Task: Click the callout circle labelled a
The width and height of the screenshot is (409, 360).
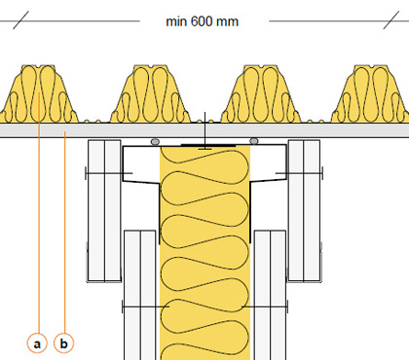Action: [x=37, y=343]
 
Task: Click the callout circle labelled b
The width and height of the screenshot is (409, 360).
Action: [x=64, y=343]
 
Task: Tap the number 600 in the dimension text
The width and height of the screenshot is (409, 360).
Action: [x=201, y=21]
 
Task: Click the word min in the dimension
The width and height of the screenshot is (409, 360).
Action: [x=176, y=21]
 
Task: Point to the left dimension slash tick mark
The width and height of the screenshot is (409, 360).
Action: [x=21, y=19]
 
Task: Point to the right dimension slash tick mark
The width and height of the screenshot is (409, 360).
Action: [x=391, y=19]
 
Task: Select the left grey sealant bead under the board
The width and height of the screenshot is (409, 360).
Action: [x=155, y=142]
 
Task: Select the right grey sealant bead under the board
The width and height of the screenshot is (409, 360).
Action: [x=254, y=141]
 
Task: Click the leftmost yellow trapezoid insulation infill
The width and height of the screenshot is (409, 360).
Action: [x=39, y=94]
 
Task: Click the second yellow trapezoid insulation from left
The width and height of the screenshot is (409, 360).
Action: [x=150, y=94]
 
